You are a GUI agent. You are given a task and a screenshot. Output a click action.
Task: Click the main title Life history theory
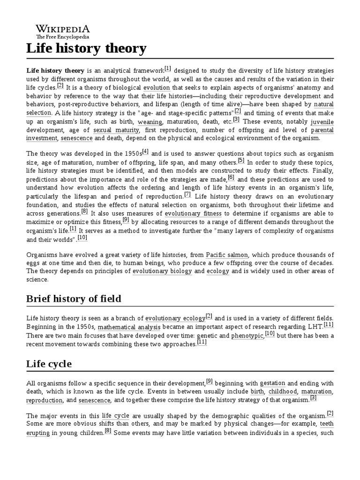point(86,48)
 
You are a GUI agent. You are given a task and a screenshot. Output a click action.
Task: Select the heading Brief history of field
point(74,299)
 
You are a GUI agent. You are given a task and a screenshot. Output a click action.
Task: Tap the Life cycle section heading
point(49,364)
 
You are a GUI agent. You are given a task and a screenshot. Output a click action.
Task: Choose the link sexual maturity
point(116,130)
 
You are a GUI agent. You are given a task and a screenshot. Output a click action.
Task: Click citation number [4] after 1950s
point(145,151)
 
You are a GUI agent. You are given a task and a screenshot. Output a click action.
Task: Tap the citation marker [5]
point(241,160)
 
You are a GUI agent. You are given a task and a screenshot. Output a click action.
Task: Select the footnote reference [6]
point(231,178)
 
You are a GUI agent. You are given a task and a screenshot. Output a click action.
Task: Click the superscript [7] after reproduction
point(187,194)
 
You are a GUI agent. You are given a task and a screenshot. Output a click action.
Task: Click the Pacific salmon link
point(227,255)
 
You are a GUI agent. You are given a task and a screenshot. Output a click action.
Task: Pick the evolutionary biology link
point(162,271)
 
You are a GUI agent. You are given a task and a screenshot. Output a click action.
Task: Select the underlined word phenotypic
point(247,336)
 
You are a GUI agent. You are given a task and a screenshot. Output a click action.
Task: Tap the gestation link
point(272,383)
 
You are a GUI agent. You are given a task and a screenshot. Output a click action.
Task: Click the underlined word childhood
point(283,391)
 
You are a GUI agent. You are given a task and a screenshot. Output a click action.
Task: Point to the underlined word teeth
point(326,424)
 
